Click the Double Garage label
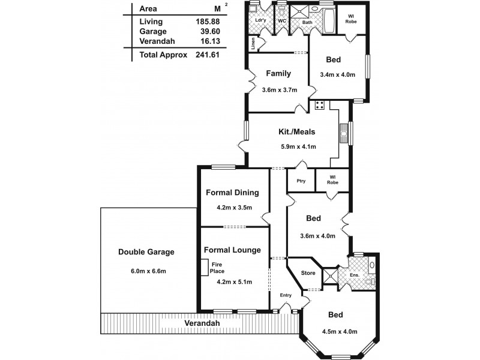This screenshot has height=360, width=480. (146, 252)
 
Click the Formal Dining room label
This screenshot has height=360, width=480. (232, 193)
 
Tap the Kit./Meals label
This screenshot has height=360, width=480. (296, 132)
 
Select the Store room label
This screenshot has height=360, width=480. (308, 273)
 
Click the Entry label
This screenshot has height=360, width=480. (286, 295)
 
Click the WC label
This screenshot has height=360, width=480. (281, 21)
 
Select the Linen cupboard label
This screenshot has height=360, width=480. (254, 44)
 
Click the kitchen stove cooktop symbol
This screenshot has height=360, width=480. (320, 106)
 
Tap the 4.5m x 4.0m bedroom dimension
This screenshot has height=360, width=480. (339, 331)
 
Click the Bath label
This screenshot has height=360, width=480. (307, 23)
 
